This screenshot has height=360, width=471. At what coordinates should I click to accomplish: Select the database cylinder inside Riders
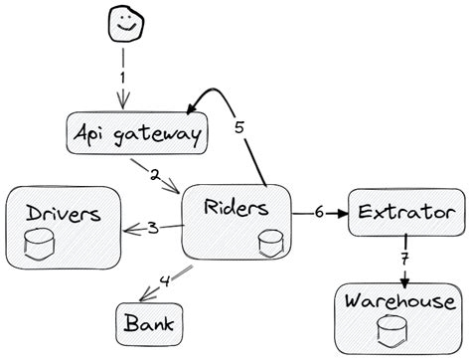point(267,242)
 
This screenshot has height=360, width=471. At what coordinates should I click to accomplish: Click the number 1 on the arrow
point(123,75)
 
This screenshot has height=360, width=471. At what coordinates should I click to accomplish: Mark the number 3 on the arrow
point(152,228)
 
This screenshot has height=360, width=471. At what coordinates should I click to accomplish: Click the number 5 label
point(238,127)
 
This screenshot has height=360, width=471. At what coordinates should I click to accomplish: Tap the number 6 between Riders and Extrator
point(318,212)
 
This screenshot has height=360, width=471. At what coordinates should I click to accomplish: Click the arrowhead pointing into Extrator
point(342,213)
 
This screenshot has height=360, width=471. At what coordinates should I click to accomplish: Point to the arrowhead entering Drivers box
point(128,231)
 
